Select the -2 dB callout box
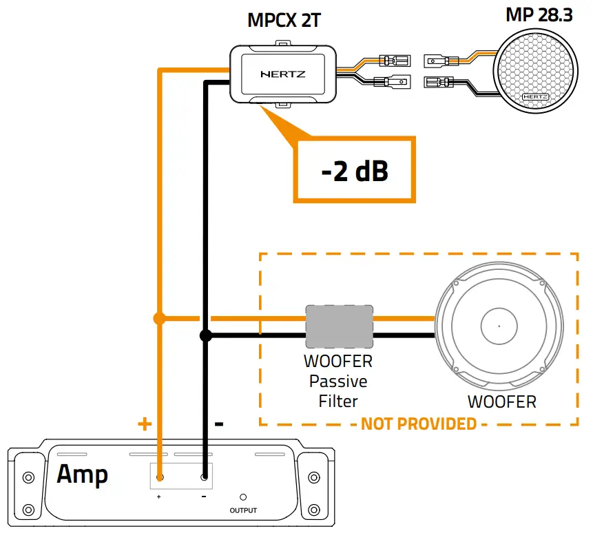(355, 171)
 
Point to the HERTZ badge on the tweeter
(535, 97)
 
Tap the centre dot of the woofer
(498, 326)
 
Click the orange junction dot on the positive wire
(159, 318)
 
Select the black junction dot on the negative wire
(205, 336)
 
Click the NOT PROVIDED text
(419, 423)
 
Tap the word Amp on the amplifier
(82, 474)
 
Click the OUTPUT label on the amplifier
(243, 510)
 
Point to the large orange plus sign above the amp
(144, 424)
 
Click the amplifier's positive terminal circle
(159, 477)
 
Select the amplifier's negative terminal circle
(205, 477)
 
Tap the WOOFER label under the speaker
(501, 401)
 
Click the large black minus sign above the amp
(219, 424)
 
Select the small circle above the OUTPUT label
(243, 497)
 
